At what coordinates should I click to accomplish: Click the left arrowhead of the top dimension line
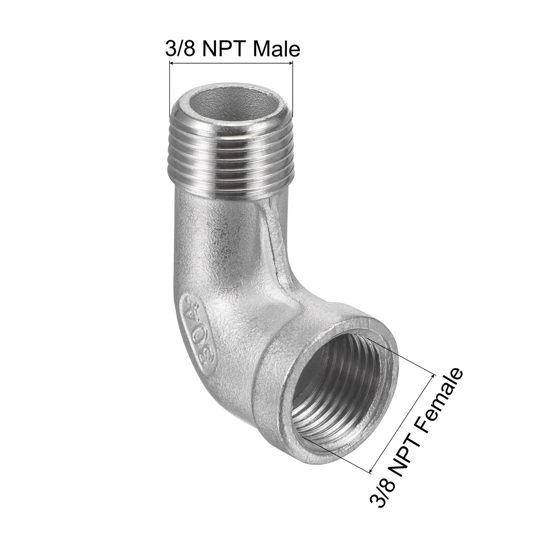pos(172,63)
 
